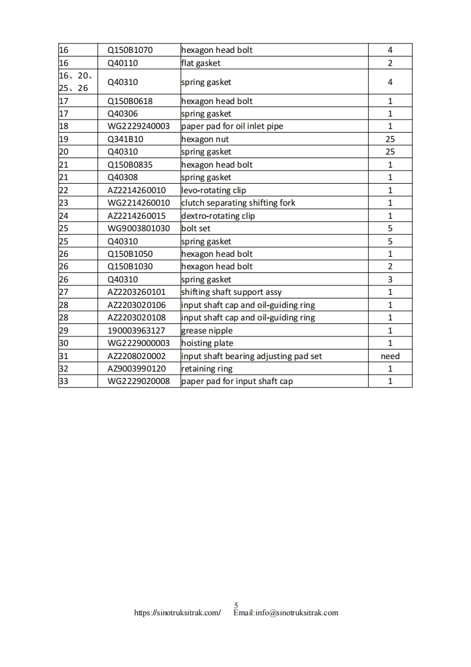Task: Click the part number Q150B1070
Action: (x=130, y=50)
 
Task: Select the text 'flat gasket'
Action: (x=201, y=63)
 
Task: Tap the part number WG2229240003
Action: (x=138, y=126)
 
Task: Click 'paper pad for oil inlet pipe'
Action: (x=232, y=126)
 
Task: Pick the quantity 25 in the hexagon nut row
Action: (x=390, y=139)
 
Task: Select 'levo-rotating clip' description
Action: (x=213, y=190)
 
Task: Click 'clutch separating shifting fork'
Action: (x=238, y=203)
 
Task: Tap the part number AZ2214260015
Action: (x=137, y=216)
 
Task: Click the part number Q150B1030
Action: (x=130, y=266)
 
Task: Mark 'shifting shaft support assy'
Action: (x=232, y=292)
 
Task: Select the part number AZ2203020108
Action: (x=137, y=317)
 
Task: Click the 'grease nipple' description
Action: (x=207, y=331)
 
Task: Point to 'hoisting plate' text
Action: (x=207, y=343)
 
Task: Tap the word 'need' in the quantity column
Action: (x=390, y=356)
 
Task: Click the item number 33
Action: (x=64, y=381)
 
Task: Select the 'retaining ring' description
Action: (x=207, y=369)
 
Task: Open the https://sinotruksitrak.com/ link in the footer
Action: (x=178, y=613)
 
